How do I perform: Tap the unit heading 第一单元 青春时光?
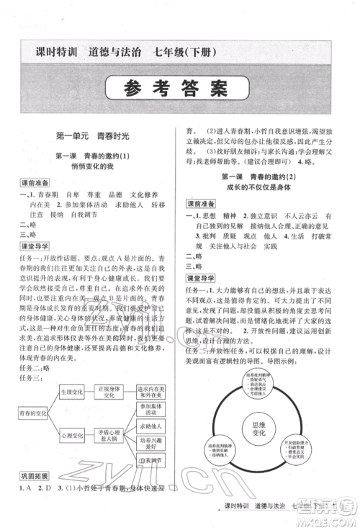coord(91,135)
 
